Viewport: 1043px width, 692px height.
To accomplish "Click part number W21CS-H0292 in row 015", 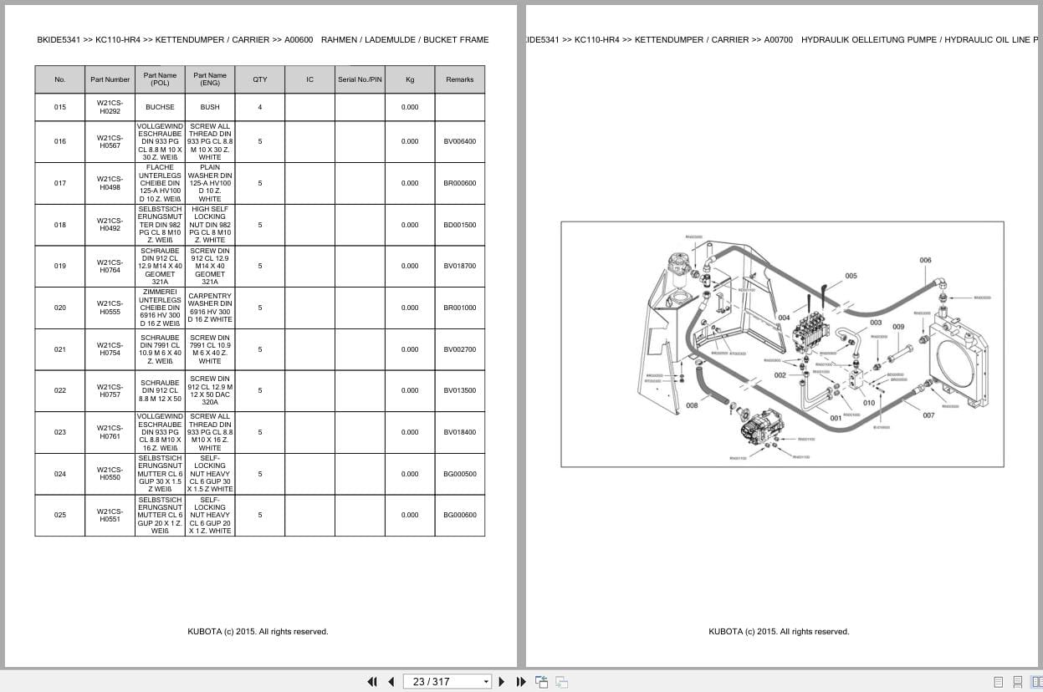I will (x=110, y=107).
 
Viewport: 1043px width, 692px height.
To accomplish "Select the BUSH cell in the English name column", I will (x=210, y=107).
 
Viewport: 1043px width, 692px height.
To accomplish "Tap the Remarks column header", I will (x=459, y=79).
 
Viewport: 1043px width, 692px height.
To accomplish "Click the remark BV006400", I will (x=459, y=141).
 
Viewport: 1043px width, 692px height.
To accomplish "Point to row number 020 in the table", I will (x=59, y=308).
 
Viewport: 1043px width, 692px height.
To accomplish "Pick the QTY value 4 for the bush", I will (x=260, y=107).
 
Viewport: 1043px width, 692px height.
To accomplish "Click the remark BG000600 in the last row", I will (x=459, y=515).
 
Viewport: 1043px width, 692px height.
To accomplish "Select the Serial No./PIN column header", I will (x=360, y=79).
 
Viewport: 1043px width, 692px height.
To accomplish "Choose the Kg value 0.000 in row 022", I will (x=410, y=390).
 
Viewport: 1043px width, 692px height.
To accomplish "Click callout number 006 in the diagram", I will (x=925, y=260).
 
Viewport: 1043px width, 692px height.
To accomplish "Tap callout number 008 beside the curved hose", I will (x=692, y=405).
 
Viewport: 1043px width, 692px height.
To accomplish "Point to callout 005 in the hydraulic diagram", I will (x=851, y=276).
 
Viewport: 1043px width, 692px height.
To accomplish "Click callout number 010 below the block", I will (x=869, y=403).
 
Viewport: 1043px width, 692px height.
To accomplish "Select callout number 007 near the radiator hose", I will (x=928, y=415).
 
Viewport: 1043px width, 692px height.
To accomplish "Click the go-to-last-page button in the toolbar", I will (x=521, y=681).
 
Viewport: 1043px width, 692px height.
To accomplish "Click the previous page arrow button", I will (x=391, y=681).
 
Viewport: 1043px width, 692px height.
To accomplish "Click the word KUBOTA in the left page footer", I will (x=206, y=632).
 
